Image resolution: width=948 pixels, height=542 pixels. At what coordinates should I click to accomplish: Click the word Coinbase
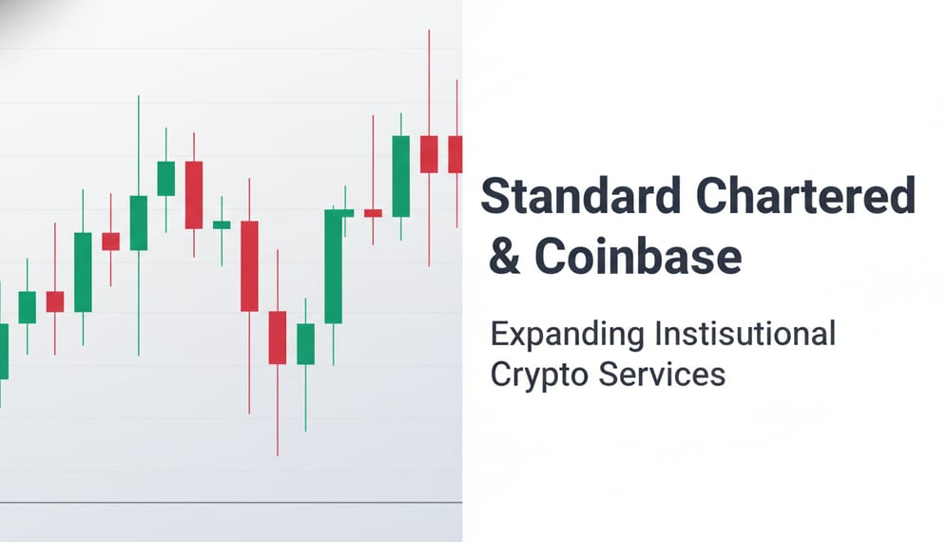click(636, 257)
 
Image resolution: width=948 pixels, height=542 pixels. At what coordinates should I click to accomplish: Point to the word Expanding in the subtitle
click(567, 336)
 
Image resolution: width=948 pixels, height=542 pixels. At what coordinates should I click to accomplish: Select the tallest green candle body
click(333, 266)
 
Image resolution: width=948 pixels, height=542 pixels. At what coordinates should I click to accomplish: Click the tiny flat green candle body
click(222, 224)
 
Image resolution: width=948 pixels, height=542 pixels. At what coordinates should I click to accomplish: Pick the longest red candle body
click(249, 265)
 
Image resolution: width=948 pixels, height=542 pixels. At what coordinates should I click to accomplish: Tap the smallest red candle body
click(373, 213)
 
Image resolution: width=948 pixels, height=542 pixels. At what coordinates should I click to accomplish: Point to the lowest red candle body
click(277, 337)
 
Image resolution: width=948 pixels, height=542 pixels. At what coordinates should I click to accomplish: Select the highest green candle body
click(400, 163)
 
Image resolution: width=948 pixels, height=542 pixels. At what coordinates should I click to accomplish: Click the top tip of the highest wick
click(429, 30)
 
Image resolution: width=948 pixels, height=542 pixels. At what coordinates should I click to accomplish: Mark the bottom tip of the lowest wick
click(278, 455)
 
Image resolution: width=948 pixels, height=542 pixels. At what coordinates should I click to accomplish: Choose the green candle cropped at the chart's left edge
click(3, 351)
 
